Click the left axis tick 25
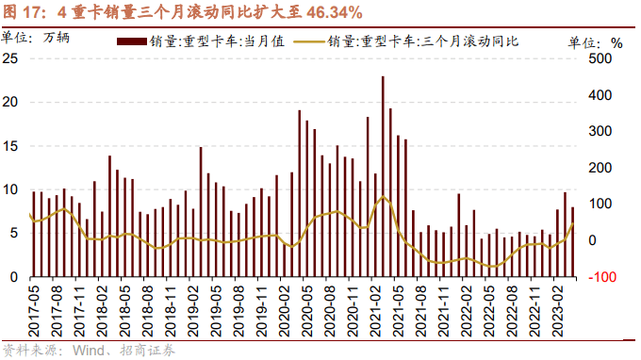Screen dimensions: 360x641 (x=11, y=58)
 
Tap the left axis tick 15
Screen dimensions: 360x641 (x=11, y=146)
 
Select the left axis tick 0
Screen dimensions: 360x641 (x=15, y=278)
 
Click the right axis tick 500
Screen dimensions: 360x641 (x=600, y=58)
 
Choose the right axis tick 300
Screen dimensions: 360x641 (x=600, y=132)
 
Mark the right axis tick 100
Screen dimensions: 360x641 (x=600, y=205)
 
